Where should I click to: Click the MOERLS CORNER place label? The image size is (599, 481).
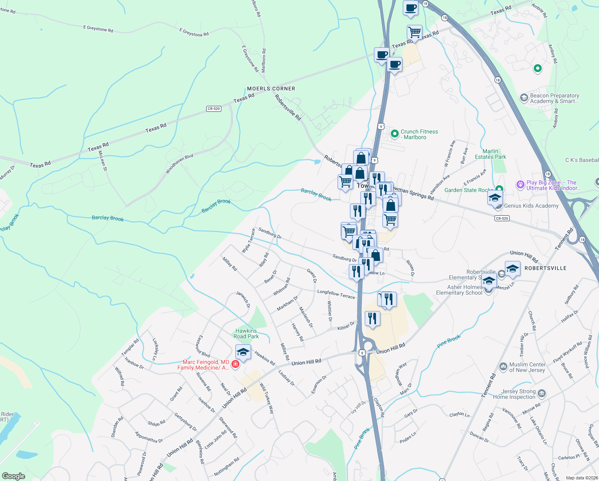[x=271, y=89]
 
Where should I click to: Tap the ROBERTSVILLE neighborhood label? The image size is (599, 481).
[x=545, y=268]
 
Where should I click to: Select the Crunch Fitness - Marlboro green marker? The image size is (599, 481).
[x=394, y=134]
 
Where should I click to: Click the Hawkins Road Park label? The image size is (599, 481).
[x=246, y=333]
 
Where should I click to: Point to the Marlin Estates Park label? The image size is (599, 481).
[x=490, y=154]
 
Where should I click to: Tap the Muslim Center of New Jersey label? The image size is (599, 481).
[x=527, y=367]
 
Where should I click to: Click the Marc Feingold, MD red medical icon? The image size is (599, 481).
[x=235, y=364]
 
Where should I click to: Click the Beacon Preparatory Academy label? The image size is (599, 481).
[x=554, y=98]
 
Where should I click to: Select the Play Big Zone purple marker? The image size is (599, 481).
[x=520, y=184]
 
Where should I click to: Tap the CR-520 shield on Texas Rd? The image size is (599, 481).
[x=214, y=109]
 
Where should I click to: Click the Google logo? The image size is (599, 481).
[x=14, y=476]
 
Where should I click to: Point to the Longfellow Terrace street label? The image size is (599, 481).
[x=336, y=294]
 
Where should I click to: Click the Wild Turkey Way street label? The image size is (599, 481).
[x=267, y=398]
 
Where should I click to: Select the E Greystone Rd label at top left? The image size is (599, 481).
[x=98, y=29]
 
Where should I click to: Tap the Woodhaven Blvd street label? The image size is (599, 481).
[x=179, y=164]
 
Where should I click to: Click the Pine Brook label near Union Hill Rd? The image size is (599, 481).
[x=449, y=342]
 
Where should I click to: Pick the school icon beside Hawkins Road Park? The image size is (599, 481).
[x=243, y=352]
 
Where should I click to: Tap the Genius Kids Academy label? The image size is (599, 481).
[x=531, y=206]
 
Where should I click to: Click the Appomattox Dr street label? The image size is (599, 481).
[x=149, y=437]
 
